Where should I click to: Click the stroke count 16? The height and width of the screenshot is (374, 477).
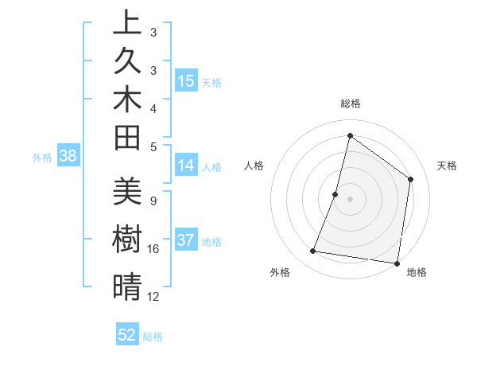click(153, 249)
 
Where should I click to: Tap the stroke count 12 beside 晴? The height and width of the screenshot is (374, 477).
click(153, 297)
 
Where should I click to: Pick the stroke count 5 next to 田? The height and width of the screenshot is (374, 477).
click(153, 146)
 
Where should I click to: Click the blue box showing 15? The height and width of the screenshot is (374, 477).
click(185, 80)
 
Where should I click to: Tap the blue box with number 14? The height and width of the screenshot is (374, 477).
click(185, 166)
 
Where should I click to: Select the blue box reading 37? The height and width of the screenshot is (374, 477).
click(185, 241)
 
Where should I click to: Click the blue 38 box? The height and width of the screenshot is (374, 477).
click(68, 157)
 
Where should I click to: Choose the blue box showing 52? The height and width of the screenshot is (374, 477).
click(126, 335)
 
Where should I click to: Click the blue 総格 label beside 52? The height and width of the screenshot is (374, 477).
click(153, 337)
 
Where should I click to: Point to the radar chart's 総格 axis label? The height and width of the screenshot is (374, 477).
click(350, 104)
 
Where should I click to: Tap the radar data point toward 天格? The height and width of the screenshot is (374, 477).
click(411, 179)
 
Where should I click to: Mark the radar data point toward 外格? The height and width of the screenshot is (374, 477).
click(313, 251)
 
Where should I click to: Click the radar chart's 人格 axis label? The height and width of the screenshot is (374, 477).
click(254, 166)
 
